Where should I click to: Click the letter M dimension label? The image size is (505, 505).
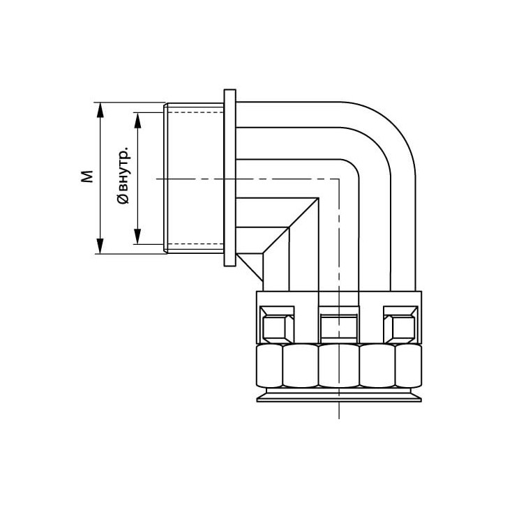(x=87, y=176)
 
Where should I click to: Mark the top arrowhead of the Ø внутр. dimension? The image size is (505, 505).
(x=138, y=119)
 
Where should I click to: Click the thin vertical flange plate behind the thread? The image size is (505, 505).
(x=229, y=178)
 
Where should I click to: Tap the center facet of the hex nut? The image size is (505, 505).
(x=338, y=366)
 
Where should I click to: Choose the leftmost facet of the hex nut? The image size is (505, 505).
(x=269, y=366)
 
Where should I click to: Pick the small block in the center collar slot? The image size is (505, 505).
(x=339, y=326)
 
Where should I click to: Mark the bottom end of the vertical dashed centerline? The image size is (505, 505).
(x=339, y=417)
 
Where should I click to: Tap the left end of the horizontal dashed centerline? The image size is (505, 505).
(x=157, y=179)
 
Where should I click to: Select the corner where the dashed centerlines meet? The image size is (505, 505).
(x=339, y=179)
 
